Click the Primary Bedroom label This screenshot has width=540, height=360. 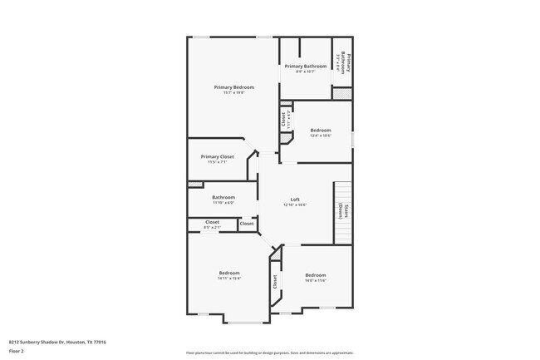point(233,87)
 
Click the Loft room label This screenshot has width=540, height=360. point(295,200)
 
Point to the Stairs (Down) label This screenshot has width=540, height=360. point(341,212)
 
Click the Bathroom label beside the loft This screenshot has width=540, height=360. point(223,197)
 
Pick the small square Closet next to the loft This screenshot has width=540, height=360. point(247,224)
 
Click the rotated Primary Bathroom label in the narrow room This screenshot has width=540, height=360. point(345,62)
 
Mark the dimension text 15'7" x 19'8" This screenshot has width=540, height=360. point(233,93)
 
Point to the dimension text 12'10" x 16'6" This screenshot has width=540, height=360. point(295,205)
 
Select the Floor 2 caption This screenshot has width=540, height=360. point(16,352)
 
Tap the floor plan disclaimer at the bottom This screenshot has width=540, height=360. point(270,353)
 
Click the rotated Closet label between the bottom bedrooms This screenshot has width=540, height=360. point(275,283)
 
